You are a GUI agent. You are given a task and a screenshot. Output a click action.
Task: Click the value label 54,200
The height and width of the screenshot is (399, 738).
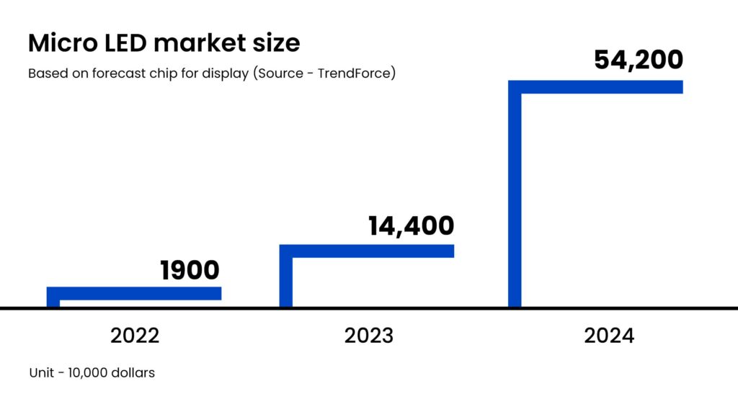pyautogui.click(x=638, y=60)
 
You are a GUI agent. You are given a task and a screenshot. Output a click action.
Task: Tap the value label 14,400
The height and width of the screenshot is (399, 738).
pyautogui.click(x=411, y=225)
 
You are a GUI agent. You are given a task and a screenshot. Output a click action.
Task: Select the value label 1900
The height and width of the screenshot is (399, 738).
pyautogui.click(x=190, y=271)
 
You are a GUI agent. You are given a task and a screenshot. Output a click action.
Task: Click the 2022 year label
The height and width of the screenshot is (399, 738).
pyautogui.click(x=135, y=335)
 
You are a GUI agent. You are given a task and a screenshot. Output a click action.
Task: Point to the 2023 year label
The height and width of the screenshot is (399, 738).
pyautogui.click(x=368, y=335)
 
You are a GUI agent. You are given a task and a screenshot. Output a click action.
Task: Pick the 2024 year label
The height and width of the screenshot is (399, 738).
pyautogui.click(x=609, y=335)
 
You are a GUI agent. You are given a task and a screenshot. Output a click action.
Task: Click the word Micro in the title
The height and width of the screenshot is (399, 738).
pyautogui.click(x=60, y=43)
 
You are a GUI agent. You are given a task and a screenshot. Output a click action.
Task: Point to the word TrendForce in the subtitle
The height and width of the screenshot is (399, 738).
pyautogui.click(x=358, y=73)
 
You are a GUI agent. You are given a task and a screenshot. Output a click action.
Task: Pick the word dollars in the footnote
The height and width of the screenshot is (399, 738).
pyautogui.click(x=134, y=373)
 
